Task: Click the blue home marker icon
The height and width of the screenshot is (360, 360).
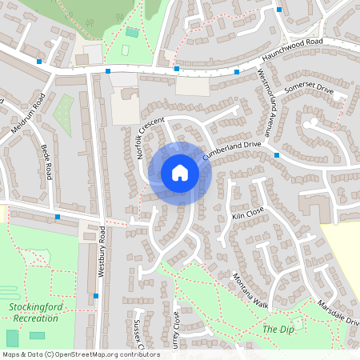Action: (x=180, y=172)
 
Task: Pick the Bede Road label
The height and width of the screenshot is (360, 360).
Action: (x=46, y=162)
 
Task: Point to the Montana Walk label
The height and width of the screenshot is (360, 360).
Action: (x=251, y=289)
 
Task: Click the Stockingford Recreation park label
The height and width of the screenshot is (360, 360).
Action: (x=34, y=312)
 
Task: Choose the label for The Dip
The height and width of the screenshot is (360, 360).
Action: (x=273, y=329)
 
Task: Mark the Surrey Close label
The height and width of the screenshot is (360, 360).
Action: (x=176, y=336)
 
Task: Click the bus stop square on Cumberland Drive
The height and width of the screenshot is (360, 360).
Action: (x=276, y=154)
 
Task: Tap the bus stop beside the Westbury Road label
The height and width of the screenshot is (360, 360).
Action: (x=96, y=296)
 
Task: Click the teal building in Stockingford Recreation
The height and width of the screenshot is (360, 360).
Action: (x=12, y=338)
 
